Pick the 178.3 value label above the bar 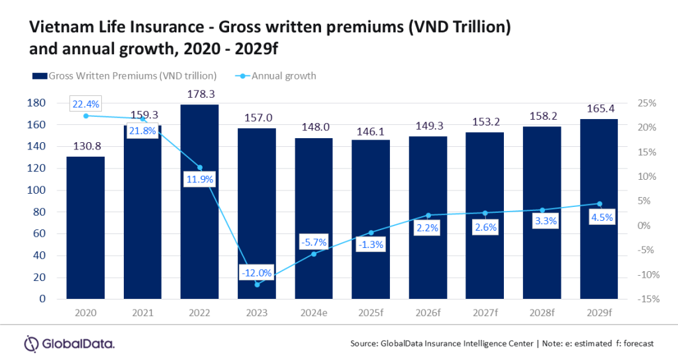click(199, 95)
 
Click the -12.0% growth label click(257, 272)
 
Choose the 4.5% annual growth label click(599, 217)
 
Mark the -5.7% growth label click(314, 242)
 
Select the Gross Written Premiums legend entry click(126, 75)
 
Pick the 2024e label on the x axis click(314, 312)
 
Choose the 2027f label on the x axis click(485, 312)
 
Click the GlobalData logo click(69, 343)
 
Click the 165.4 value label click(599, 108)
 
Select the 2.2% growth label click(428, 228)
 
